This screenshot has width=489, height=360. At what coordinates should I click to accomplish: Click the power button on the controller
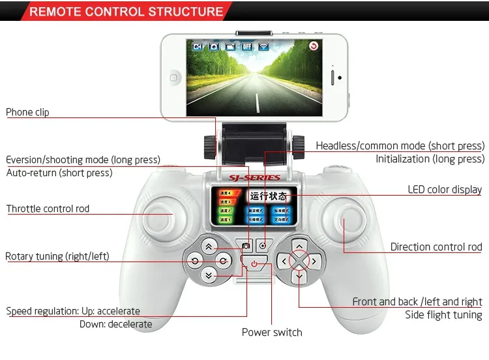coord(254,264)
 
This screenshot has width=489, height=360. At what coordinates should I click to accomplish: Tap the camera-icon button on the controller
coord(246,246)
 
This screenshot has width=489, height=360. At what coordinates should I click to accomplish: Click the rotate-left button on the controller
coord(195,262)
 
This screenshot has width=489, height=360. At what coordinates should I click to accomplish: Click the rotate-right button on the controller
coord(223,262)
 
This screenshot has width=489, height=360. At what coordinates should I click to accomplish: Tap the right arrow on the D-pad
coord(314,262)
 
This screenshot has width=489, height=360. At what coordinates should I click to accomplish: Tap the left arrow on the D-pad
coord(283,262)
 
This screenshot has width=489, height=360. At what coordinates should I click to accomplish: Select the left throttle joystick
coord(155,218)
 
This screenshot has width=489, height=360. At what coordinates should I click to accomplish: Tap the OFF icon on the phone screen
coord(247,46)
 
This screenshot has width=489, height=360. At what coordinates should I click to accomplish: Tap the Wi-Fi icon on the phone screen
coord(264,46)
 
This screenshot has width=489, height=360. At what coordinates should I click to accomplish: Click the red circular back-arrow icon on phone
coord(314,46)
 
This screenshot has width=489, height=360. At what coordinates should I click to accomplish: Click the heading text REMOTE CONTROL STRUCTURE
coord(126,12)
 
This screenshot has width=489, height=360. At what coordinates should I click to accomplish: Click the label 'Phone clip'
coord(27,112)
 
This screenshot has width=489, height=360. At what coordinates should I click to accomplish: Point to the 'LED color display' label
coord(445,190)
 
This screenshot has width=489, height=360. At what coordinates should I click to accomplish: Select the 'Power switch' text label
coord(272,333)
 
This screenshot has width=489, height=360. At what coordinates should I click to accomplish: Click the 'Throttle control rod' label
coord(48,209)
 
